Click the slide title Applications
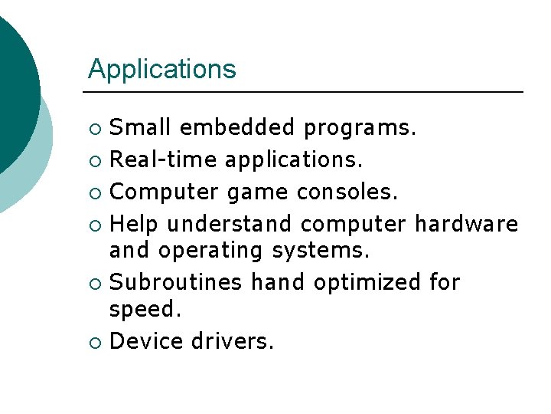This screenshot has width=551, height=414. (161, 70)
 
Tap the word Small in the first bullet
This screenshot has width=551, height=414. (139, 127)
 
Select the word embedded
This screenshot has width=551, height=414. (237, 127)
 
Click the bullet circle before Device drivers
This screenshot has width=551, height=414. (94, 342)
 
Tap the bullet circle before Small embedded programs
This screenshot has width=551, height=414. (94, 128)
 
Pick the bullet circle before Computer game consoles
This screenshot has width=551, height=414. (94, 193)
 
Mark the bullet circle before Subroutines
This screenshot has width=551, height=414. (94, 284)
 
